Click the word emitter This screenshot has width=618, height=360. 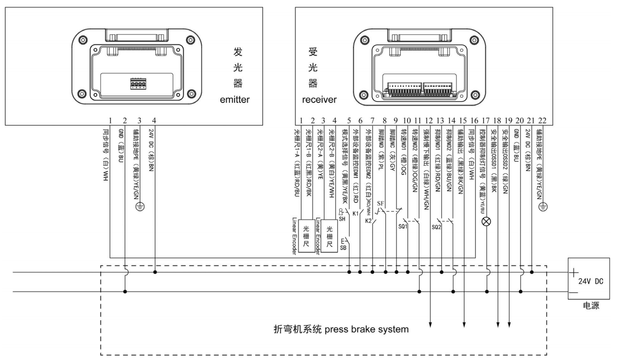[235, 100]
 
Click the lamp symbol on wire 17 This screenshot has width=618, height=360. [487, 222]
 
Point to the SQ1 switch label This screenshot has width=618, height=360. [403, 227]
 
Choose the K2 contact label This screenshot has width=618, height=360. [369, 221]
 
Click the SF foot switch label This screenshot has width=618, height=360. [380, 203]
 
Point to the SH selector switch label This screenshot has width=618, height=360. [343, 219]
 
